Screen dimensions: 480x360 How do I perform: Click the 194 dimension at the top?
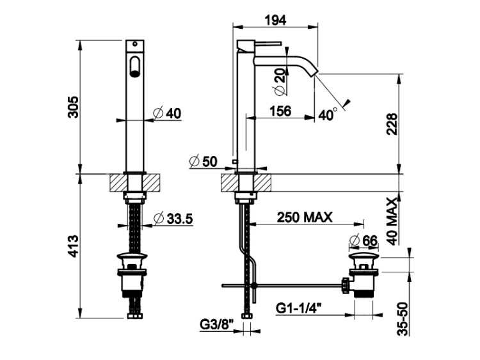coord(275,20)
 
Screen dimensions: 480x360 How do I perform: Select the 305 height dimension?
coord(74,107)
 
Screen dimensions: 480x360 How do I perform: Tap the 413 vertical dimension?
coord(74,246)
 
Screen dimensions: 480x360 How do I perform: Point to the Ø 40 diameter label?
coord(168,113)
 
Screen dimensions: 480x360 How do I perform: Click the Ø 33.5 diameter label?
coord(173,219)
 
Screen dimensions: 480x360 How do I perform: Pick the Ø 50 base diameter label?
coord(204,161)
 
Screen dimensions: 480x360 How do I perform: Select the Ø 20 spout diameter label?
coord(280,81)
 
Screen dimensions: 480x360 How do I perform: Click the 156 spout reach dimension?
coord(280,111)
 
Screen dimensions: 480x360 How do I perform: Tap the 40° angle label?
coord(328,114)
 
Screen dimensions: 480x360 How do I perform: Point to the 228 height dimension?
coord(392,124)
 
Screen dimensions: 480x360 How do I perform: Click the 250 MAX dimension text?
coord(305,217)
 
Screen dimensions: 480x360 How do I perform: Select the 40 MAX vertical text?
coord(392,221)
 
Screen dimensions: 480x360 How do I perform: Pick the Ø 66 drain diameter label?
coord(364,240)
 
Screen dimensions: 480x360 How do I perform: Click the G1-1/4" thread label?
coord(300,308)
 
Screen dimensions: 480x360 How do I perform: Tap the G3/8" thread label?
coord(217,324)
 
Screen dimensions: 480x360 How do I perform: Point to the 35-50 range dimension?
coord(404,318)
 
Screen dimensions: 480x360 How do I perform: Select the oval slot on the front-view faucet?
coord(134,66)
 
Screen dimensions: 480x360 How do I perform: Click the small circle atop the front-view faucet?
coord(134,43)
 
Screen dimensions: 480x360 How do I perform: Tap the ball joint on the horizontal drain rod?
coord(254,286)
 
